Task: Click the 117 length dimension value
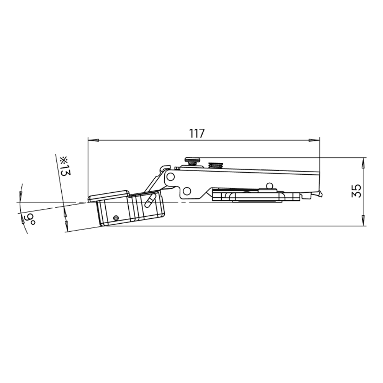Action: [x=196, y=133]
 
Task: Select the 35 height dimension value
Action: [x=356, y=191]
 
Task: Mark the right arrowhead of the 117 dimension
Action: [x=314, y=141]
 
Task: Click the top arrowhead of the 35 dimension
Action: [x=363, y=163]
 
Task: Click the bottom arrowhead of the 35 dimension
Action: [x=363, y=221]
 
